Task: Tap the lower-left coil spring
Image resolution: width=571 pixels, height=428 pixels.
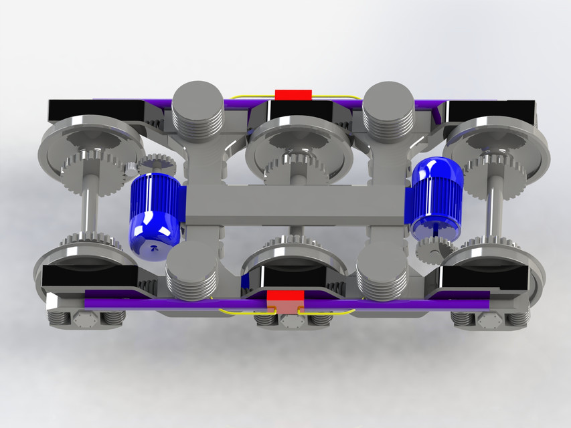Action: [x=191, y=271]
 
